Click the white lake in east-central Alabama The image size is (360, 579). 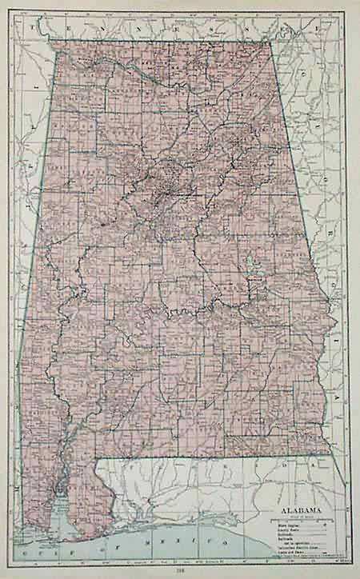coord(249,262)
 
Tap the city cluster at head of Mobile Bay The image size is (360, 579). coord(58,482)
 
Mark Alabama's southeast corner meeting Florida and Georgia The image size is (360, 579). coord(329,453)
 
